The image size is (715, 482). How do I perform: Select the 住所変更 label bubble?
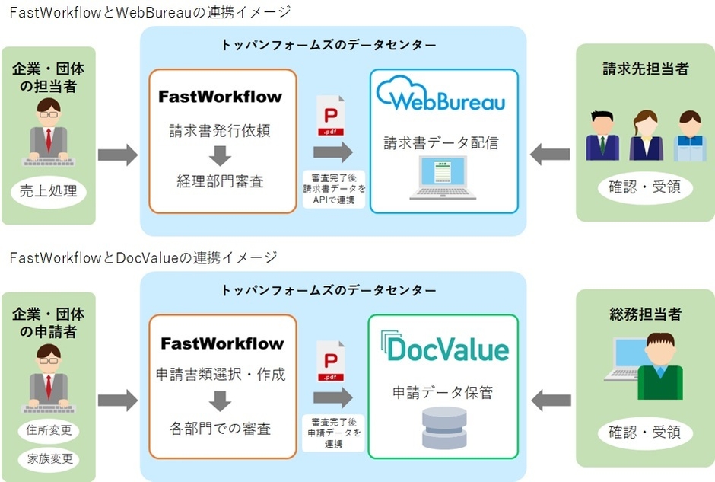pos(49,431)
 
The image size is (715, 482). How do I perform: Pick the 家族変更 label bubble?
pos(49,459)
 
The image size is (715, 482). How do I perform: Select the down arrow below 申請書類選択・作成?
pos(221,401)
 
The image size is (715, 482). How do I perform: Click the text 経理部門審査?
pos(220,183)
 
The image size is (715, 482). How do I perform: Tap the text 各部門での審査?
pos(221,429)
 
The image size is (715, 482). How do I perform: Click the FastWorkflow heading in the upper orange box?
pos(220,97)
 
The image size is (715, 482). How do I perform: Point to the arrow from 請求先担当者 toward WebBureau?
pos(549,155)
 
